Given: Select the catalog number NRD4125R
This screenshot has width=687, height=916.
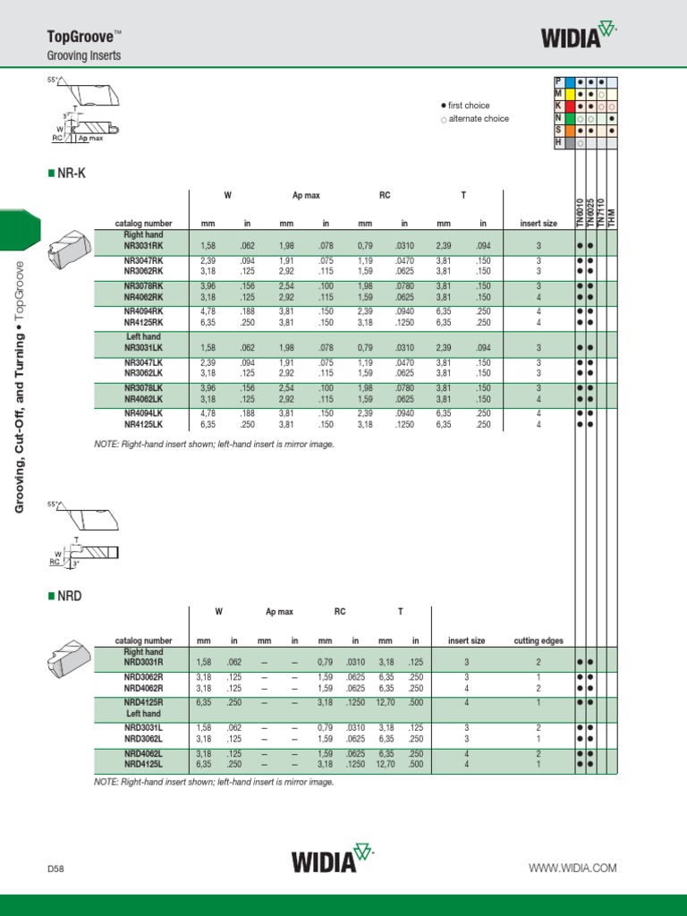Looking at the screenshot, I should tap(143, 703).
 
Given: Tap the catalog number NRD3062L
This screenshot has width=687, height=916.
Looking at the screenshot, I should tap(143, 739).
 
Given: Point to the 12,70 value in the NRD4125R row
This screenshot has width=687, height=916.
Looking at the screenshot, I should tap(386, 703).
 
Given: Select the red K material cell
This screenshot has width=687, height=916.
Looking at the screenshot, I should tap(559, 106).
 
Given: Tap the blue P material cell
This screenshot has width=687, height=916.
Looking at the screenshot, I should tap(559, 81).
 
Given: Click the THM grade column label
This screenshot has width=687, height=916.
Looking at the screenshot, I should tap(613, 218).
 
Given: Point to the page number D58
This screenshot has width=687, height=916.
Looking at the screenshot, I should tap(57, 868).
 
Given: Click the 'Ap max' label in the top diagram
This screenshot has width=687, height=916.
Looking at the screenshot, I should tap(90, 140).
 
